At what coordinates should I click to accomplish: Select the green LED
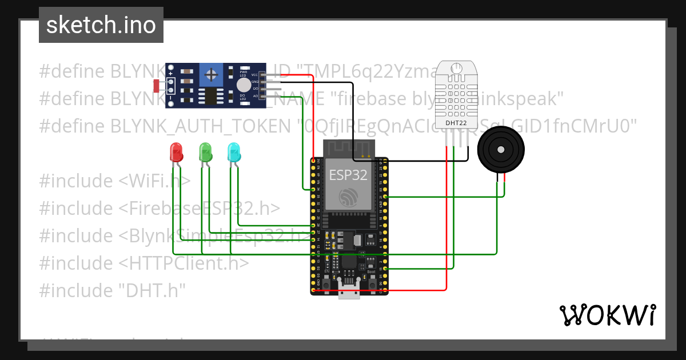(x=205, y=153)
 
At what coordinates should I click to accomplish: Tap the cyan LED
(x=234, y=153)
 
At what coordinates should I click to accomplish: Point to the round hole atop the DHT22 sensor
(x=456, y=69)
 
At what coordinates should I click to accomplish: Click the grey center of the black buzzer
(x=501, y=150)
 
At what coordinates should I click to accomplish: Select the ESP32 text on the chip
(x=348, y=175)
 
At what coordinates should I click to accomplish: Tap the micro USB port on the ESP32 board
(x=349, y=291)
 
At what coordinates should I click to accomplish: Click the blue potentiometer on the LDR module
(x=212, y=74)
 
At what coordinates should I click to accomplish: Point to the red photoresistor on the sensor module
(x=157, y=86)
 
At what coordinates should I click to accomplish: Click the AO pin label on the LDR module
(x=255, y=96)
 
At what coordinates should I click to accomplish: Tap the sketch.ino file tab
(x=101, y=25)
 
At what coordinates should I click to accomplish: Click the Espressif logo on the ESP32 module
(x=348, y=197)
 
